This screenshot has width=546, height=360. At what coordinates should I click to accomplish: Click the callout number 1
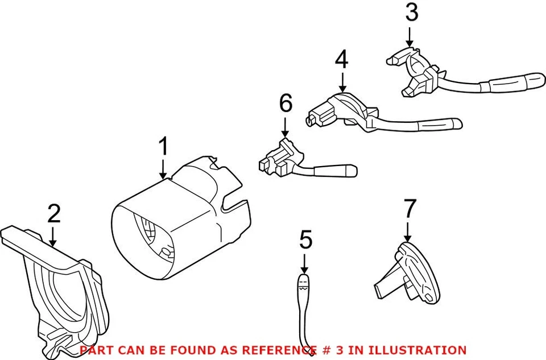[x=163, y=147]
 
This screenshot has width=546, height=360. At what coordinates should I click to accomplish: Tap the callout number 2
[x=53, y=214]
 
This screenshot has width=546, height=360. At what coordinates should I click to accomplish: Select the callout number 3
[x=411, y=13]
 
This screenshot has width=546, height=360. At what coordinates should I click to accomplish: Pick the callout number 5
[x=305, y=240]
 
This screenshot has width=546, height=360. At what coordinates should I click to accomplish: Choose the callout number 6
[x=286, y=104]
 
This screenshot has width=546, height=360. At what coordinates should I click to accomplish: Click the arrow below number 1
[x=163, y=169]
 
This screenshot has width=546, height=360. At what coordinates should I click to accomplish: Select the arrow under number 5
[x=304, y=264]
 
